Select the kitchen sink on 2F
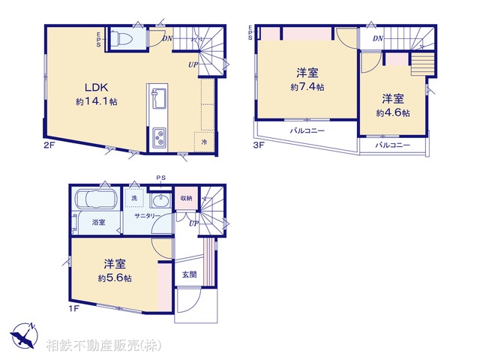click(158, 97)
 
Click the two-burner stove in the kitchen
click(160, 137)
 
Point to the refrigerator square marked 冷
click(204, 139)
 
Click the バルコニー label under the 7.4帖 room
click(307, 131)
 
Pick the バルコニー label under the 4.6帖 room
click(392, 144)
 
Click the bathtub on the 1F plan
click(94, 202)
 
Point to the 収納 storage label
click(186, 198)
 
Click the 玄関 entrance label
click(189, 274)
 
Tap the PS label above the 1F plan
click(160, 178)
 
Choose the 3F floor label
click(258, 145)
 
